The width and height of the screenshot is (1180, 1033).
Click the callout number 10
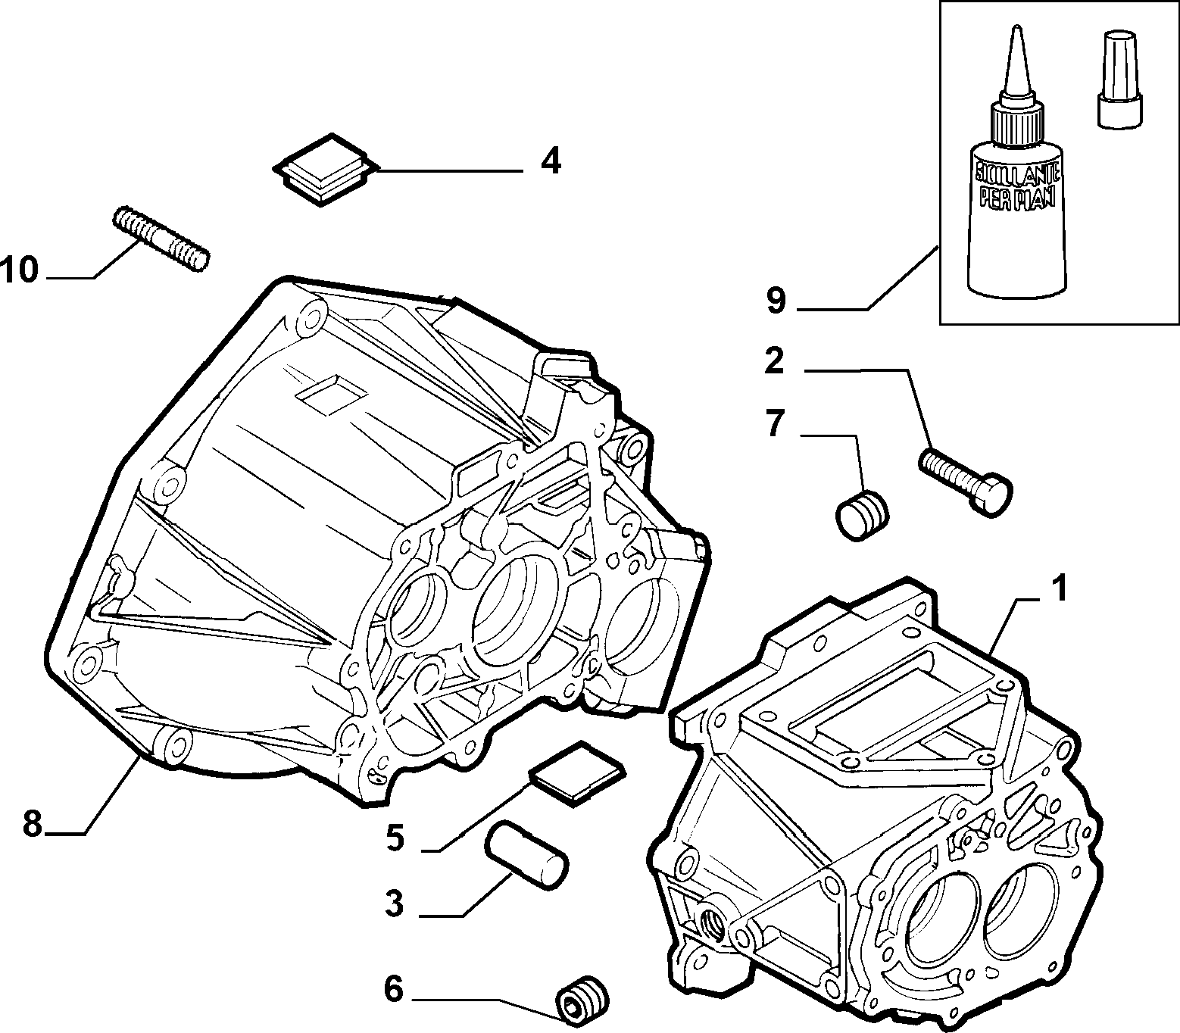19,270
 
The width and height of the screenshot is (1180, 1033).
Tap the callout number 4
551,161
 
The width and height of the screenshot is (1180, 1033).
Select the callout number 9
776,301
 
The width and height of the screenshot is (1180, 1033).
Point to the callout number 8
32,824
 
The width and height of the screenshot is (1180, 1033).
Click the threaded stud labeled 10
160,238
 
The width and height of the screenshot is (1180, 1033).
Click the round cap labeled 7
863,516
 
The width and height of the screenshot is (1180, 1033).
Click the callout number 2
774,362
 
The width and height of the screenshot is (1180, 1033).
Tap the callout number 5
395,838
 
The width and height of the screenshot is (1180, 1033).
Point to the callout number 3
395,904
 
